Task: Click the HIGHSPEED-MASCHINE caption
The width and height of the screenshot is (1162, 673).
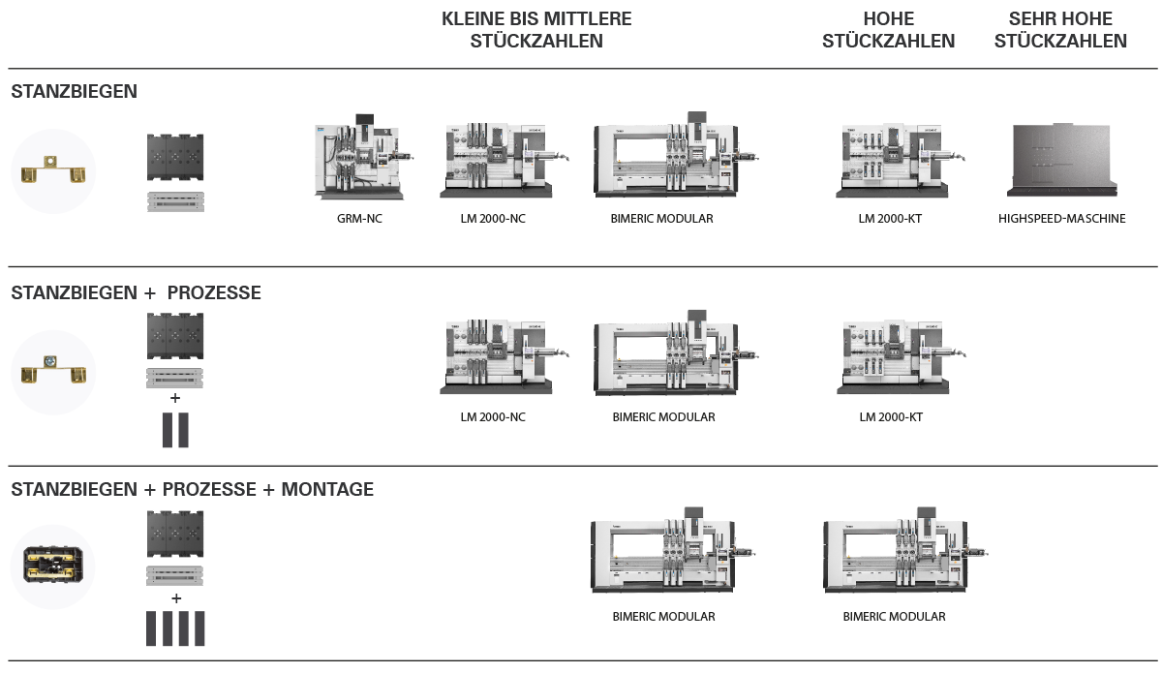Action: pos(1062,219)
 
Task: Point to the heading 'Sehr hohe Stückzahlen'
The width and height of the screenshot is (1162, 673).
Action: pos(1060,30)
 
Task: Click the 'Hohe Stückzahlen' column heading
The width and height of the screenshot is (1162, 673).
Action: pos(888,30)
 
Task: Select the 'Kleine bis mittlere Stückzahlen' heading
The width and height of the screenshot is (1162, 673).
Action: pos(536,30)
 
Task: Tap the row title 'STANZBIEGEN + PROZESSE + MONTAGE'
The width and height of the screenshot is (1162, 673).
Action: pos(192,490)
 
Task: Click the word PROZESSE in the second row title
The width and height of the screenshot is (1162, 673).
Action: pos(214,292)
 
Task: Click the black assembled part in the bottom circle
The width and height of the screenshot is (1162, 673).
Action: pos(53,566)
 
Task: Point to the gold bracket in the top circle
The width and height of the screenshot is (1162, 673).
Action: pos(53,170)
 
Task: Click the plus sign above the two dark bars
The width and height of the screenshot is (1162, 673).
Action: pos(175,398)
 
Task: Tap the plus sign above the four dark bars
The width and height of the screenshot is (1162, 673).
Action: pos(175,598)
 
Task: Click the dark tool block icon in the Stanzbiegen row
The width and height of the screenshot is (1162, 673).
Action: pos(175,156)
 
